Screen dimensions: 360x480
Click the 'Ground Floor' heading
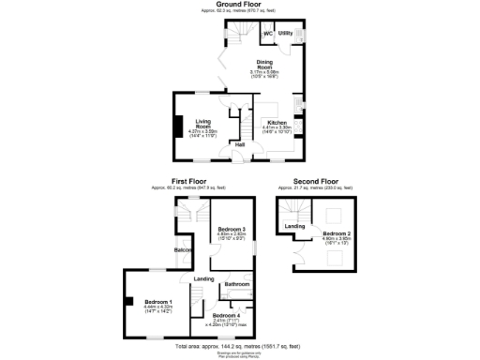(239, 4)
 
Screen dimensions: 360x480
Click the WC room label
(267, 34)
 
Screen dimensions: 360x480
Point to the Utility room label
(286, 34)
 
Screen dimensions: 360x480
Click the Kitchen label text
(277, 123)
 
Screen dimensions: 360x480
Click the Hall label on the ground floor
(240, 144)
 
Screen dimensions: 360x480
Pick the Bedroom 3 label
(232, 229)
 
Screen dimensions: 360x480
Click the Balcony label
(184, 250)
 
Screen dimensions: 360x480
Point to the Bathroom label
(237, 283)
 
